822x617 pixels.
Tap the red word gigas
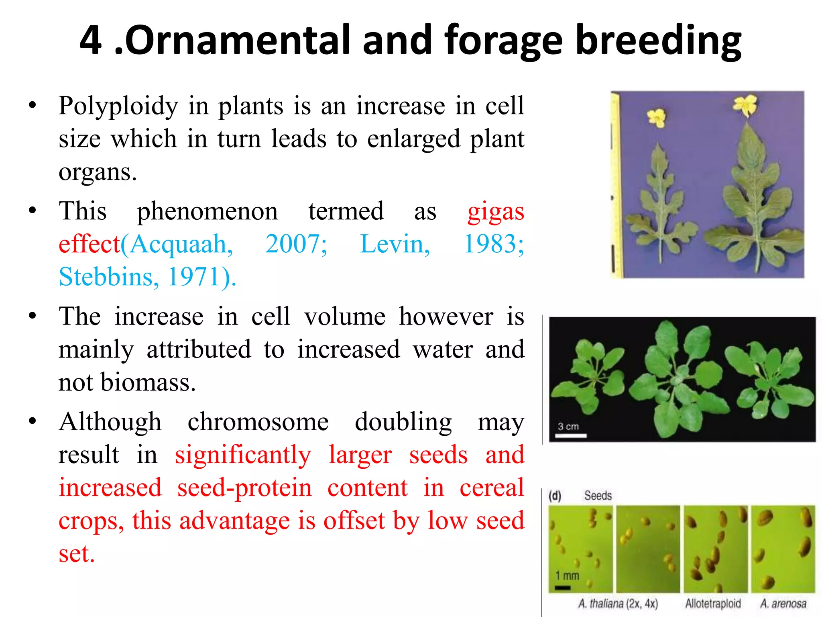pyautogui.click(x=496, y=212)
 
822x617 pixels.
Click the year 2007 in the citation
pyautogui.click(x=296, y=244)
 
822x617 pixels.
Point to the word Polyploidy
pyautogui.click(x=118, y=106)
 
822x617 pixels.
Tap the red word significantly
pyautogui.click(x=243, y=455)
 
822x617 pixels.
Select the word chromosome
pyautogui.click(x=258, y=422)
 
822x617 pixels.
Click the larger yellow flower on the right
pyautogui.click(x=745, y=105)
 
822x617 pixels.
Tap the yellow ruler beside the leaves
pyautogui.click(x=615, y=185)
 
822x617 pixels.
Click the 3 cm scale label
pyautogui.click(x=568, y=427)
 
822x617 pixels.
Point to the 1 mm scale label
pyautogui.click(x=567, y=576)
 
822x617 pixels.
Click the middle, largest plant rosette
pyautogui.click(x=678, y=380)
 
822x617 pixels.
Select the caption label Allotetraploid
pyautogui.click(x=713, y=603)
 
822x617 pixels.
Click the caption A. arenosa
pyautogui.click(x=783, y=603)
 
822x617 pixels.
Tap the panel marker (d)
pyautogui.click(x=555, y=496)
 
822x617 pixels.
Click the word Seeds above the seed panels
pyautogui.click(x=598, y=496)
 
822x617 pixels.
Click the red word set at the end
pyautogui.click(x=76, y=554)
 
